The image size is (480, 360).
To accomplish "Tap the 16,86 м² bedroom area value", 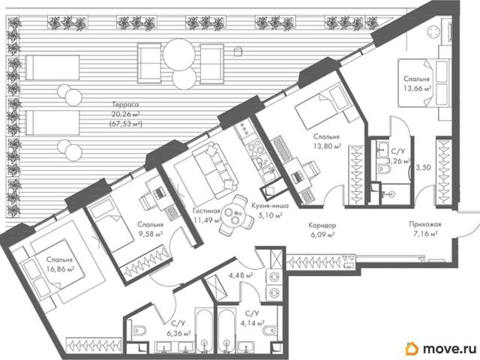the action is (x=61, y=269).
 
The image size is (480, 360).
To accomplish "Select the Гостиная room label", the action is (x=207, y=211).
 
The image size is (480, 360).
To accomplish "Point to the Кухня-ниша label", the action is (x=270, y=205).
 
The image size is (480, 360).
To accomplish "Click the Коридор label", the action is (x=322, y=225).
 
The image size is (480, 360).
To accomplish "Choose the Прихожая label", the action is (x=425, y=224).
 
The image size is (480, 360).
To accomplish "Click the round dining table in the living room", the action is (x=235, y=215).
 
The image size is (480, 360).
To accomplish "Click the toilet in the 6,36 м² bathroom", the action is (x=139, y=330).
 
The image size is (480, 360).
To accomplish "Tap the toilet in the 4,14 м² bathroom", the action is (x=271, y=331).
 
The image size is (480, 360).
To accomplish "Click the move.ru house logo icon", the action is (x=412, y=348).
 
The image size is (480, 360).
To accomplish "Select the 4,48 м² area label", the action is (x=241, y=275).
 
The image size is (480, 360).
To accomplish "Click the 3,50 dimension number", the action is (x=424, y=167).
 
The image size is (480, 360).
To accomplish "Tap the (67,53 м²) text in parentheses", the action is (x=126, y=124).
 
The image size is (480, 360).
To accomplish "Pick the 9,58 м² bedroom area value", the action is (x=150, y=234).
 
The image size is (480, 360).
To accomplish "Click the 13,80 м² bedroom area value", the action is (x=327, y=146).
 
